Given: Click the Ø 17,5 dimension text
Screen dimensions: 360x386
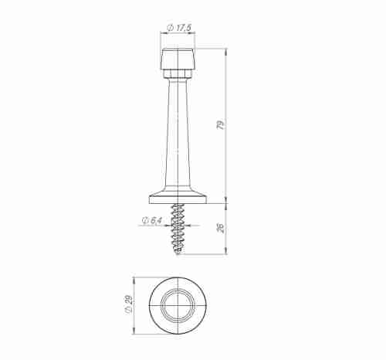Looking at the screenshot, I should tap(179, 28).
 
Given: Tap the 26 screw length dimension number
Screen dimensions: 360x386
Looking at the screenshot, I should tap(221, 227).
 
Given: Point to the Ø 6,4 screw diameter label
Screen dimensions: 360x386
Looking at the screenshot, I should tap(152, 220).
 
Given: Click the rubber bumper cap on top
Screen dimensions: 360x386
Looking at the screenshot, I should tap(178, 59).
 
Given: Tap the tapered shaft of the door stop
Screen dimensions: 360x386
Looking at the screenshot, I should tap(178, 131).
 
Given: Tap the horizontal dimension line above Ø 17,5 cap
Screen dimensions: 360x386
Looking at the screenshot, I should tap(178, 34).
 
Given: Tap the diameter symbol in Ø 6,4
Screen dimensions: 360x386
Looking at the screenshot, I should tap(145, 220).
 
